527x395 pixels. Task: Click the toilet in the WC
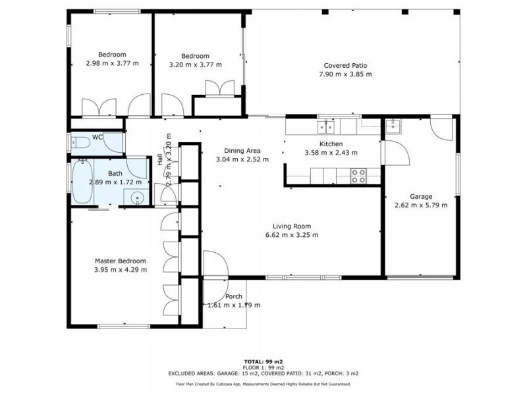pos(80,144)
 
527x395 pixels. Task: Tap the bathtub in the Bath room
pos(82,182)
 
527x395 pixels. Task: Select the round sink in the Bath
pos(137,197)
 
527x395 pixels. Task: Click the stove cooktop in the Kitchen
pos(358,176)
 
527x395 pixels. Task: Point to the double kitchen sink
pos(326,127)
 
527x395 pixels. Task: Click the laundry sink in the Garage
pos(393,126)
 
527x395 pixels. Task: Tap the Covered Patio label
pos(345,65)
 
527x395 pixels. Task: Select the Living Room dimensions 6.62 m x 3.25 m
pos(292,235)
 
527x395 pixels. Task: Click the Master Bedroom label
pos(121,261)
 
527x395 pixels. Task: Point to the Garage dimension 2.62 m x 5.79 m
pos(421,205)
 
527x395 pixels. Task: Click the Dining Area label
pos(242,151)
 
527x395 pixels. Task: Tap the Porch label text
pos(234,297)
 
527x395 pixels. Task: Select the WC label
pos(97,137)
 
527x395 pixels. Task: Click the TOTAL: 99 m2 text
pos(263,361)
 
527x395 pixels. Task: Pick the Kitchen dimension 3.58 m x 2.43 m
pos(331,153)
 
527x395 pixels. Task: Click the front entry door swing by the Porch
pos(216,265)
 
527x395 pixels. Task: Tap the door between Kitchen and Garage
pos(395,153)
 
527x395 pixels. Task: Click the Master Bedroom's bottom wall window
pos(124,326)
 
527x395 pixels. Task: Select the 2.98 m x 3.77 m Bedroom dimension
pos(112,63)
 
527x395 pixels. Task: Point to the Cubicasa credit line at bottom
pos(263,384)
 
